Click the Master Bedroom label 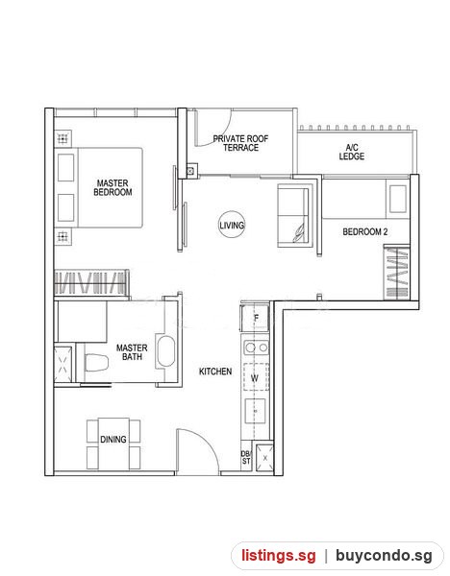pyautogui.click(x=112, y=187)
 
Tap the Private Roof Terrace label pyautogui.click(x=240, y=143)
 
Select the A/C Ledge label pyautogui.click(x=352, y=152)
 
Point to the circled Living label pyautogui.click(x=232, y=225)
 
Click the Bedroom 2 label pyautogui.click(x=365, y=231)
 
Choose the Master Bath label pyautogui.click(x=132, y=352)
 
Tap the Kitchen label pyautogui.click(x=215, y=372)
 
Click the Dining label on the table pyautogui.click(x=113, y=440)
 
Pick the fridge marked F pyautogui.click(x=255, y=318)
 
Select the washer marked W pyautogui.click(x=255, y=377)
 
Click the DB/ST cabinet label pyautogui.click(x=246, y=457)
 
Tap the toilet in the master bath pyautogui.click(x=96, y=363)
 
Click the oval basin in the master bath pyautogui.click(x=165, y=350)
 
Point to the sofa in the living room pyautogui.click(x=294, y=216)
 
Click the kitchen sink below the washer pyautogui.click(x=256, y=411)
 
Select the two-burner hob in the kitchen pyautogui.click(x=256, y=348)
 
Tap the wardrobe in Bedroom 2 pyautogui.click(x=397, y=273)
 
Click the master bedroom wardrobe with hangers pyautogui.click(x=91, y=282)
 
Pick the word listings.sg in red pyautogui.click(x=279, y=556)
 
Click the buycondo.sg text pyautogui.click(x=384, y=556)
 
